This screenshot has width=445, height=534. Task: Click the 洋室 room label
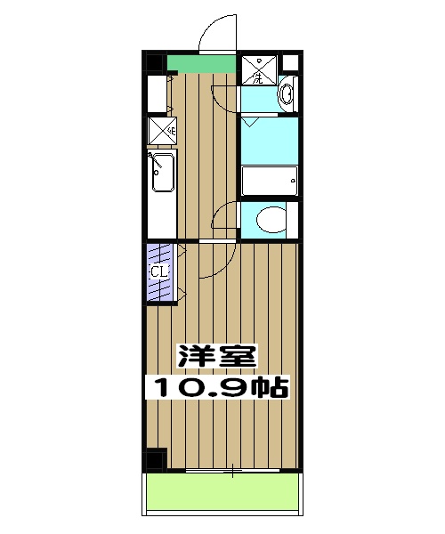pyautogui.click(x=217, y=357)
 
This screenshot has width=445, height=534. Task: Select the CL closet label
pyautogui.click(x=158, y=271)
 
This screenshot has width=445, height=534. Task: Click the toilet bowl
pyautogui.click(x=267, y=219)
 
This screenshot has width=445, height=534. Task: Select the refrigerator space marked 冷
pyautogui.click(x=161, y=130)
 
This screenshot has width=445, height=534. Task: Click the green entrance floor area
pyautogui.click(x=200, y=64)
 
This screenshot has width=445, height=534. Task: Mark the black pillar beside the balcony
pyautogui.click(x=156, y=460)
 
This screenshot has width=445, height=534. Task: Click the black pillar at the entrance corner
pyautogui.click(x=155, y=63)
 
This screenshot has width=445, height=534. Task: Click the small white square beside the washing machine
pyautogui.click(x=288, y=64)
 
